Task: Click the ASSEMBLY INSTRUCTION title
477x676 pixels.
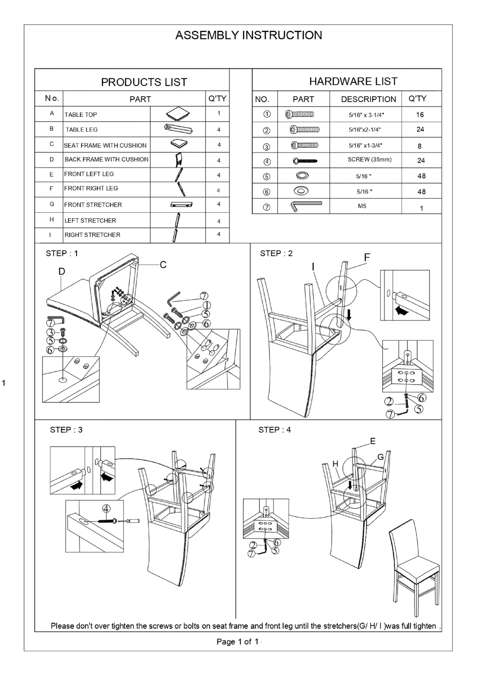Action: [x=249, y=35]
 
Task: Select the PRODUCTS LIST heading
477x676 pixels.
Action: [x=144, y=82]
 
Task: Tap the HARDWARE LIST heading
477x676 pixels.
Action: [x=353, y=81]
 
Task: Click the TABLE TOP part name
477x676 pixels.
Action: [x=81, y=115]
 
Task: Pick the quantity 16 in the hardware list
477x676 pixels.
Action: [x=420, y=115]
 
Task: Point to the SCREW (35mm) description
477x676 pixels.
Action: [x=369, y=160]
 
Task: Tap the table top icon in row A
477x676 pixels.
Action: [x=178, y=114]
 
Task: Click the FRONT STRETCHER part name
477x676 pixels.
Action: [x=93, y=205]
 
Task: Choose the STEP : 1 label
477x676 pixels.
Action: [x=62, y=254]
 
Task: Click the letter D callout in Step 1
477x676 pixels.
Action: [x=62, y=271]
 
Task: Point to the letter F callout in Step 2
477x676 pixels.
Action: [x=367, y=257]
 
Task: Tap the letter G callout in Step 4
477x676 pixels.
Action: [x=380, y=457]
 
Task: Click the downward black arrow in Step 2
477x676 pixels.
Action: [x=349, y=314]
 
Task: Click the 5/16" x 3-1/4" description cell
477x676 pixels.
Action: [x=366, y=115]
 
